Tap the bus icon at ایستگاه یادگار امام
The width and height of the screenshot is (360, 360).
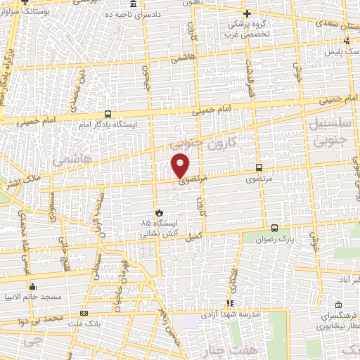click(x=108, y=114)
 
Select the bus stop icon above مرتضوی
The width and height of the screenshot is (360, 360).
click(x=259, y=167)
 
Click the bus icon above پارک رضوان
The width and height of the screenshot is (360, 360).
click(x=274, y=228)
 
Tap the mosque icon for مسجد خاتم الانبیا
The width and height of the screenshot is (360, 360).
click(x=32, y=287)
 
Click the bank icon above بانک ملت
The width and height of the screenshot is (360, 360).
click(x=84, y=313)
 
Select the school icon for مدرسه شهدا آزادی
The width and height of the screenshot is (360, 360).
click(x=230, y=303)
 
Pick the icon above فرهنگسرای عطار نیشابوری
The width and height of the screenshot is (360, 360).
click(x=340, y=305)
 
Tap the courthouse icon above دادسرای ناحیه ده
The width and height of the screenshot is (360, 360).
click(x=133, y=4)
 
